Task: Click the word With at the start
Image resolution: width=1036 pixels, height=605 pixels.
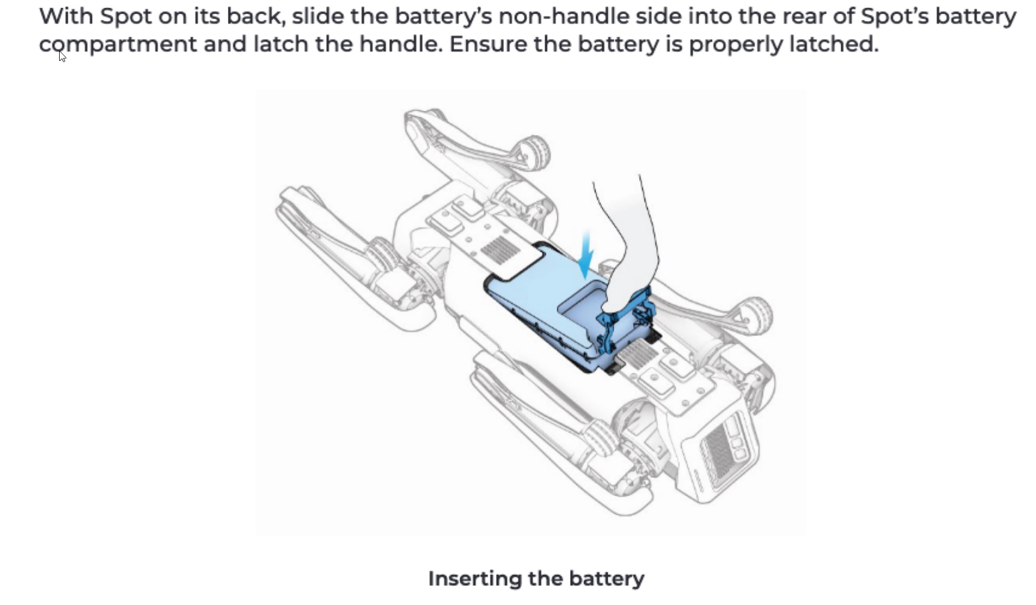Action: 66,16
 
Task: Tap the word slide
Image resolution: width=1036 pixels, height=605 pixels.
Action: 317,16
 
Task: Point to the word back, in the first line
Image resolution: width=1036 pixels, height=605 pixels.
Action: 256,17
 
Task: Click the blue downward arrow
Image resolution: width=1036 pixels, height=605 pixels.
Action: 585,256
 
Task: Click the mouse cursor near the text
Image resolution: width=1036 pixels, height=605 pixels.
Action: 62,55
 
